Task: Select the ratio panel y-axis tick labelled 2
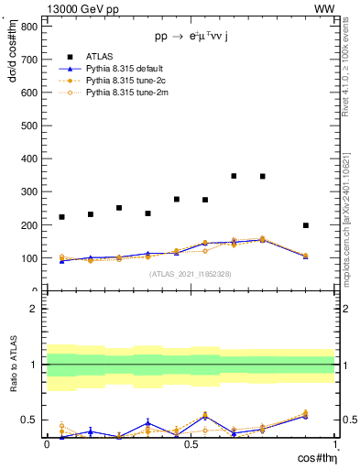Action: pos(33,309)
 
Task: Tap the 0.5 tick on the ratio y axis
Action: pos(29,420)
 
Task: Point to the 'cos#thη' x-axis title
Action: pos(314,457)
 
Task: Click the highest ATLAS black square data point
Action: pos(235,176)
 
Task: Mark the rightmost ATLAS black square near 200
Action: pos(306,225)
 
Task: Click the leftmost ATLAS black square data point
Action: pos(61,217)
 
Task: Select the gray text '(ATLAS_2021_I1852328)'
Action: pos(191,274)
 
